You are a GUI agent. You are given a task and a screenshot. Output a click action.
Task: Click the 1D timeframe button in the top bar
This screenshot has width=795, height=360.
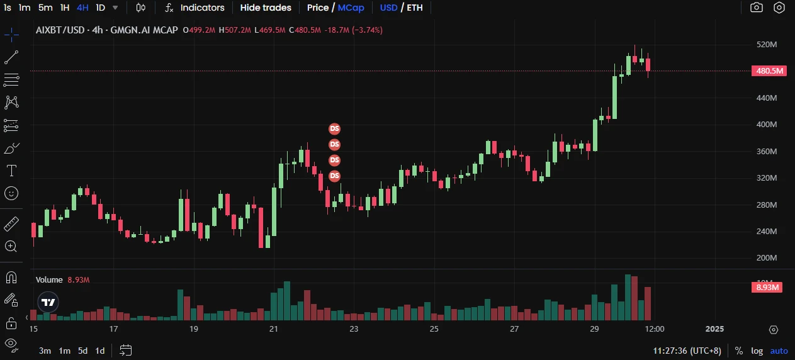100,8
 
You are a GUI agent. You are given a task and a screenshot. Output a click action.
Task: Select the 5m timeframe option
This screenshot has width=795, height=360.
45,8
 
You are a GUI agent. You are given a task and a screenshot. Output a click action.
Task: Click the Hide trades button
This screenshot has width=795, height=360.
266,8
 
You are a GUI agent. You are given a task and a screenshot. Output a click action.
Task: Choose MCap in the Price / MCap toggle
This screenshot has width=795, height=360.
351,8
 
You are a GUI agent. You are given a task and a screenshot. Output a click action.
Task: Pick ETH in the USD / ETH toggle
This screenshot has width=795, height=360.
415,8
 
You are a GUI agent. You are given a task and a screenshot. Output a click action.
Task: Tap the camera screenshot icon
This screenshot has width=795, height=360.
756,8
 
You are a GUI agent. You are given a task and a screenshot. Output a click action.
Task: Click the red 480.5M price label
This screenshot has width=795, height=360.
769,70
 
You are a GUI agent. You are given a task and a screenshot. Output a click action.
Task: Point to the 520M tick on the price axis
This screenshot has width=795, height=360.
766,45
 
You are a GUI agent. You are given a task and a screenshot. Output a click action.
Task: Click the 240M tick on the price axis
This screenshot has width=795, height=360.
766,231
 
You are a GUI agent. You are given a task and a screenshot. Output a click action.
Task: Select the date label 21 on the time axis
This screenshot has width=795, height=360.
274,329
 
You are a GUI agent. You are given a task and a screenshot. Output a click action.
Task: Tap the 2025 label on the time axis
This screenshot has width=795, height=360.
714,329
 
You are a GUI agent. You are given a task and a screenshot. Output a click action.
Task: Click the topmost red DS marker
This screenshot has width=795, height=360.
334,129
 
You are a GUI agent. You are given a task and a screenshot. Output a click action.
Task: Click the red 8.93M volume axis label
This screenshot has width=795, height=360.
768,288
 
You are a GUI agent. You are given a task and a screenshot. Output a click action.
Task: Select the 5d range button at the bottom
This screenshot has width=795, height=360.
82,351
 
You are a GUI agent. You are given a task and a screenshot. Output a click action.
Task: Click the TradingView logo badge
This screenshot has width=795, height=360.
48,302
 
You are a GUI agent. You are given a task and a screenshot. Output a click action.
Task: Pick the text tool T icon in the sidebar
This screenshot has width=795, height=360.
11,171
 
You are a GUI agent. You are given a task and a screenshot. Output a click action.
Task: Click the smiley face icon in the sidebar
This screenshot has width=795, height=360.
11,193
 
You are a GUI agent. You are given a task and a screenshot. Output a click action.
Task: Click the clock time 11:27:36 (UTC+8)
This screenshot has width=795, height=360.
689,351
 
